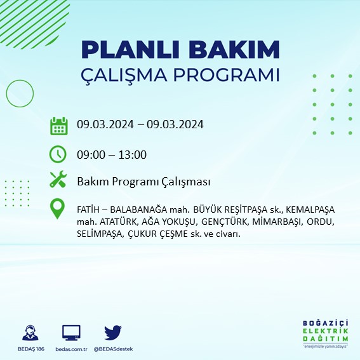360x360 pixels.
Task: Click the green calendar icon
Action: click(x=58, y=126)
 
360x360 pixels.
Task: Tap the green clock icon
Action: click(x=58, y=154)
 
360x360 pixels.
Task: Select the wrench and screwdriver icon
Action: click(x=58, y=180)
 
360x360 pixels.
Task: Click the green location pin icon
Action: click(x=58, y=209)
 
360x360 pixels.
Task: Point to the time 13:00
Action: click(x=133, y=154)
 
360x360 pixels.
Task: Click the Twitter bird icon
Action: click(x=112, y=332)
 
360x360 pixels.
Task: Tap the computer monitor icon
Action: click(x=71, y=332)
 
